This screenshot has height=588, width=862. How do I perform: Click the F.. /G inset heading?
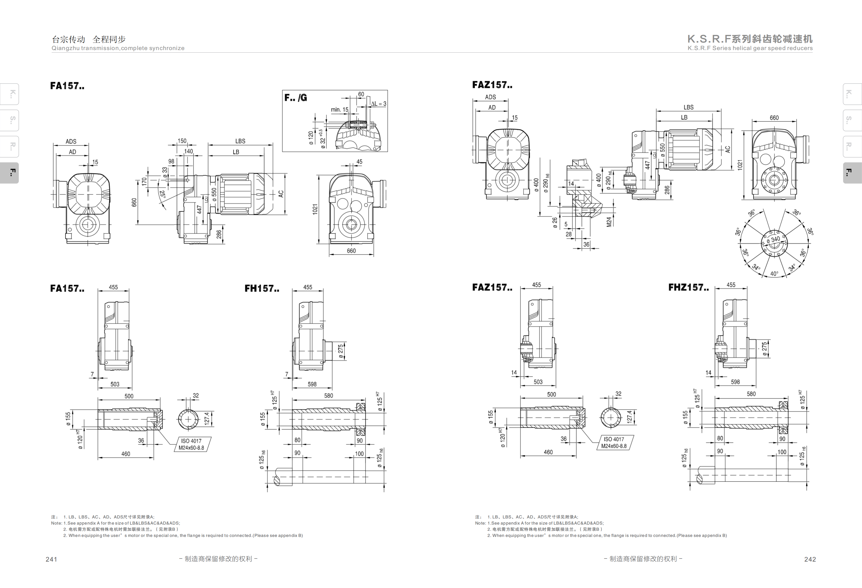pyautogui.click(x=296, y=98)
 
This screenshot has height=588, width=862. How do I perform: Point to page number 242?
pyautogui.click(x=810, y=559)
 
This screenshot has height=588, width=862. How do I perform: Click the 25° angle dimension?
pyautogui.click(x=162, y=194)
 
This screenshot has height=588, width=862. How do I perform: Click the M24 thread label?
pyautogui.click(x=609, y=221)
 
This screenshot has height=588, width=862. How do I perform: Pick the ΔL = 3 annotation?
pyautogui.click(x=379, y=104)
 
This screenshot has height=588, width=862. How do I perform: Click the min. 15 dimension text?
pyautogui.click(x=340, y=110)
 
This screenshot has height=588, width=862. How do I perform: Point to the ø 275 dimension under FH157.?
pyautogui.click(x=341, y=351)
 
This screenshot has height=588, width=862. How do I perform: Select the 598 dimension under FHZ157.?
pyautogui.click(x=735, y=382)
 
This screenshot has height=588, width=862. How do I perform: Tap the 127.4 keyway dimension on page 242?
pyautogui.click(x=629, y=417)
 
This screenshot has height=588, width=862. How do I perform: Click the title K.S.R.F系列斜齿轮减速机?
pyautogui.click(x=750, y=39)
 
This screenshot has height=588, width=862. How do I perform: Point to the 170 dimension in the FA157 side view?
pyautogui.click(x=144, y=181)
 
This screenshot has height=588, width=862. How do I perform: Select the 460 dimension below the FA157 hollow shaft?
pyautogui.click(x=126, y=454)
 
